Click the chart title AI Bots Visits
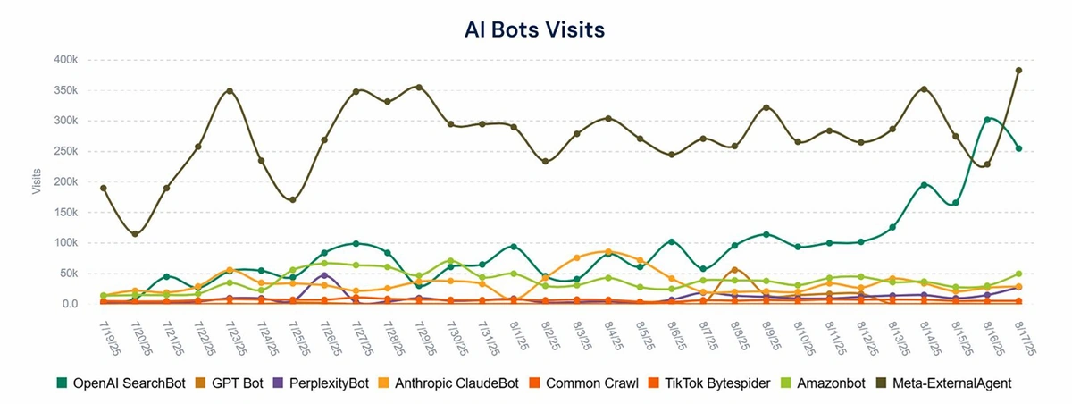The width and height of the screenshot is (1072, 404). [x=535, y=29]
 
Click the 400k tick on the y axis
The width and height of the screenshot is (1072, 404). [x=66, y=59]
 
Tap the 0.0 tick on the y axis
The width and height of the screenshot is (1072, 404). [x=70, y=304]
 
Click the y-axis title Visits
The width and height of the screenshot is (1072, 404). [x=37, y=181]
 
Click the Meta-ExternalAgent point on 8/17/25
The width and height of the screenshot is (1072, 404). [x=1018, y=70]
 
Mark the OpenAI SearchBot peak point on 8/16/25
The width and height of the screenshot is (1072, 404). [x=987, y=119]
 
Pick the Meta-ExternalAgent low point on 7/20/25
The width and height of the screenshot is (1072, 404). [x=135, y=234]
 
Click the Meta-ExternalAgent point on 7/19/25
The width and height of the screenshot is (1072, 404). [x=104, y=188]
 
